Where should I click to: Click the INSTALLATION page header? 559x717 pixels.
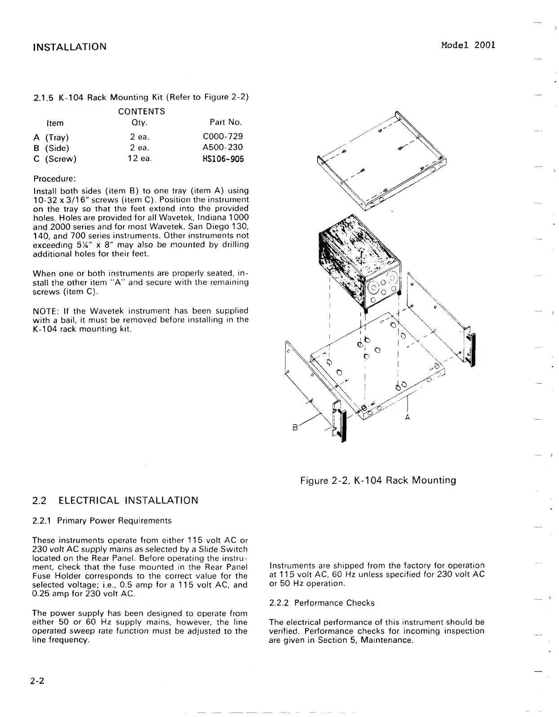click(70, 47)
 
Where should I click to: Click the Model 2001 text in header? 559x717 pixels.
click(468, 45)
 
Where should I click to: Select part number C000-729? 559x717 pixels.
click(223, 137)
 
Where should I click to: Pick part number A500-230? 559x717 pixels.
click(223, 147)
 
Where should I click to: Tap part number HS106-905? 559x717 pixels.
click(223, 159)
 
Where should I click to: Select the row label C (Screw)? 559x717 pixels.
click(55, 159)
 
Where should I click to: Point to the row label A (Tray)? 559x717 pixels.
click(51, 137)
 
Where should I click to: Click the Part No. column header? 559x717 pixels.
click(226, 123)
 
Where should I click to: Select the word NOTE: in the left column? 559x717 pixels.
click(44, 311)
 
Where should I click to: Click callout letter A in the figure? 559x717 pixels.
click(408, 417)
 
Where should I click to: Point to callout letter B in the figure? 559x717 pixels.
click(295, 428)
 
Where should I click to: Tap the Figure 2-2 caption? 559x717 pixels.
click(378, 480)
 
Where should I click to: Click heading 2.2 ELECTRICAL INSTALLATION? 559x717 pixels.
click(115, 500)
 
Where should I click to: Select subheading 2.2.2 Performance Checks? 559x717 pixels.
click(322, 603)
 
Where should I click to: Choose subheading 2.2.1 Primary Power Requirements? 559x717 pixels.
click(102, 521)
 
